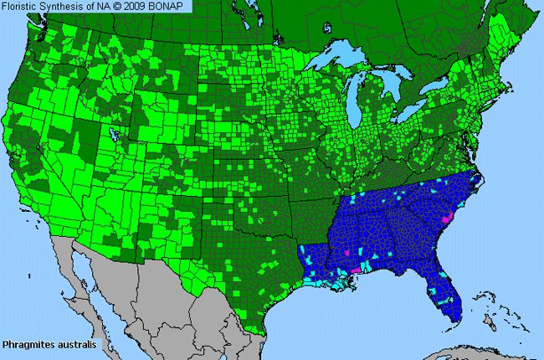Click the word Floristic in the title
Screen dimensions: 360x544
click(x=22, y=6)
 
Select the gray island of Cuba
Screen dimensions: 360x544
click(x=469, y=347)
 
